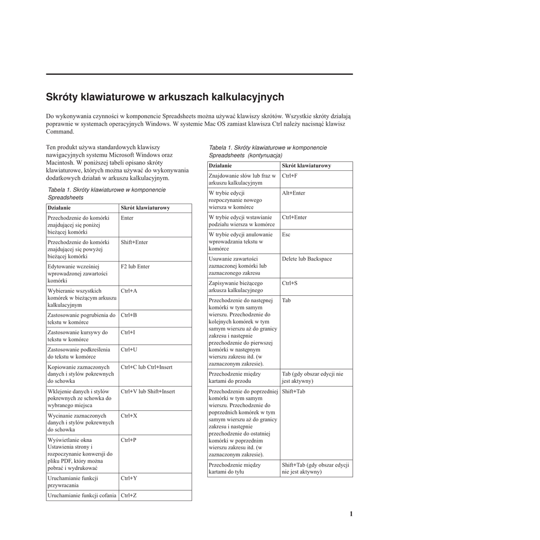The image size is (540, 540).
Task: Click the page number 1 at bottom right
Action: pyautogui.click(x=351, y=514)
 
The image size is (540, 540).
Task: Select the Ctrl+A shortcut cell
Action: pyautogui.click(x=129, y=291)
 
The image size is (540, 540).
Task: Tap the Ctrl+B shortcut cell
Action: pyautogui.click(x=129, y=315)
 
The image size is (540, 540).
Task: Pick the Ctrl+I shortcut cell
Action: pyautogui.click(x=128, y=333)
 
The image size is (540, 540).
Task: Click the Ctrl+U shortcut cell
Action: pyautogui.click(x=129, y=350)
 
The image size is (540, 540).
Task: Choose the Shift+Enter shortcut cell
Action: pyautogui.click(x=134, y=243)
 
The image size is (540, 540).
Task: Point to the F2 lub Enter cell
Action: pyautogui.click(x=135, y=267)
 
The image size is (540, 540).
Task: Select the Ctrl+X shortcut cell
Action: pyautogui.click(x=129, y=416)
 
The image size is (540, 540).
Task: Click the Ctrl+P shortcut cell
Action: pyautogui.click(x=128, y=440)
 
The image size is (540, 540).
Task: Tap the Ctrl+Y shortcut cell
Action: pyautogui.click(x=129, y=478)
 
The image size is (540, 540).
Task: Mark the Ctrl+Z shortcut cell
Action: pyautogui.click(x=128, y=496)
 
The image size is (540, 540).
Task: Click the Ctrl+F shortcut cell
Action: pyautogui.click(x=290, y=176)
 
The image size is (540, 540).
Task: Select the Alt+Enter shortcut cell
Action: pyautogui.click(x=293, y=193)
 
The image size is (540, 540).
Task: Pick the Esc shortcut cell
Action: pyautogui.click(x=286, y=235)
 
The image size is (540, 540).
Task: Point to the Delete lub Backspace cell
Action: pyautogui.click(x=306, y=259)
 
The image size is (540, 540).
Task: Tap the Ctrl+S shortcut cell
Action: pyautogui.click(x=290, y=283)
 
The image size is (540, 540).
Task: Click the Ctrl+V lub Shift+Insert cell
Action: pyautogui.click(x=148, y=391)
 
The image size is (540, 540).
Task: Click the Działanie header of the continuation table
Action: pyautogui.click(x=220, y=166)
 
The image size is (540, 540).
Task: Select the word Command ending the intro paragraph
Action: pyautogui.click(x=60, y=131)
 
